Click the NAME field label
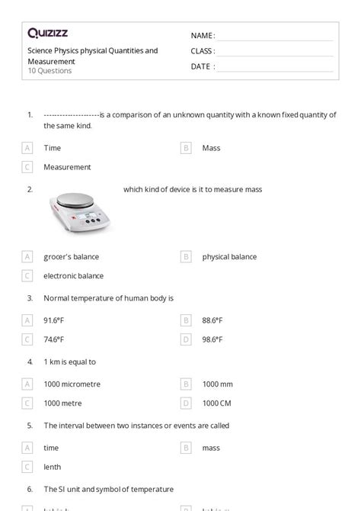click(x=203, y=36)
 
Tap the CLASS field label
click(x=203, y=51)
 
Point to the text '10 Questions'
click(x=50, y=71)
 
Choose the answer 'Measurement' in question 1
click(x=67, y=166)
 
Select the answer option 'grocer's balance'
click(x=71, y=257)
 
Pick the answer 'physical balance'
click(x=229, y=257)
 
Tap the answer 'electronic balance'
click(x=73, y=275)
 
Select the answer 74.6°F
click(x=54, y=339)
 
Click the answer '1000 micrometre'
click(x=72, y=384)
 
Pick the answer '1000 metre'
click(x=63, y=402)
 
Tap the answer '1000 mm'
click(x=218, y=384)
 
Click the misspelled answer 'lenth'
click(x=53, y=466)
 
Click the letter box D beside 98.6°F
click(x=186, y=339)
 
